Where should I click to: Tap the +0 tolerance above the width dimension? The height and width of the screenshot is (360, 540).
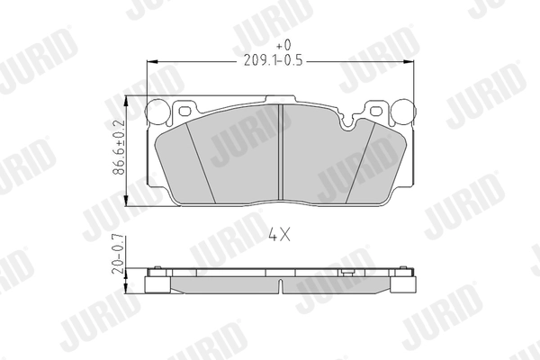[x=283, y=44]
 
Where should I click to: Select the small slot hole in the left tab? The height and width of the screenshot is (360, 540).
[x=186, y=111]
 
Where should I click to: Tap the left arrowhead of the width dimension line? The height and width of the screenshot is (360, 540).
[x=152, y=61]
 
